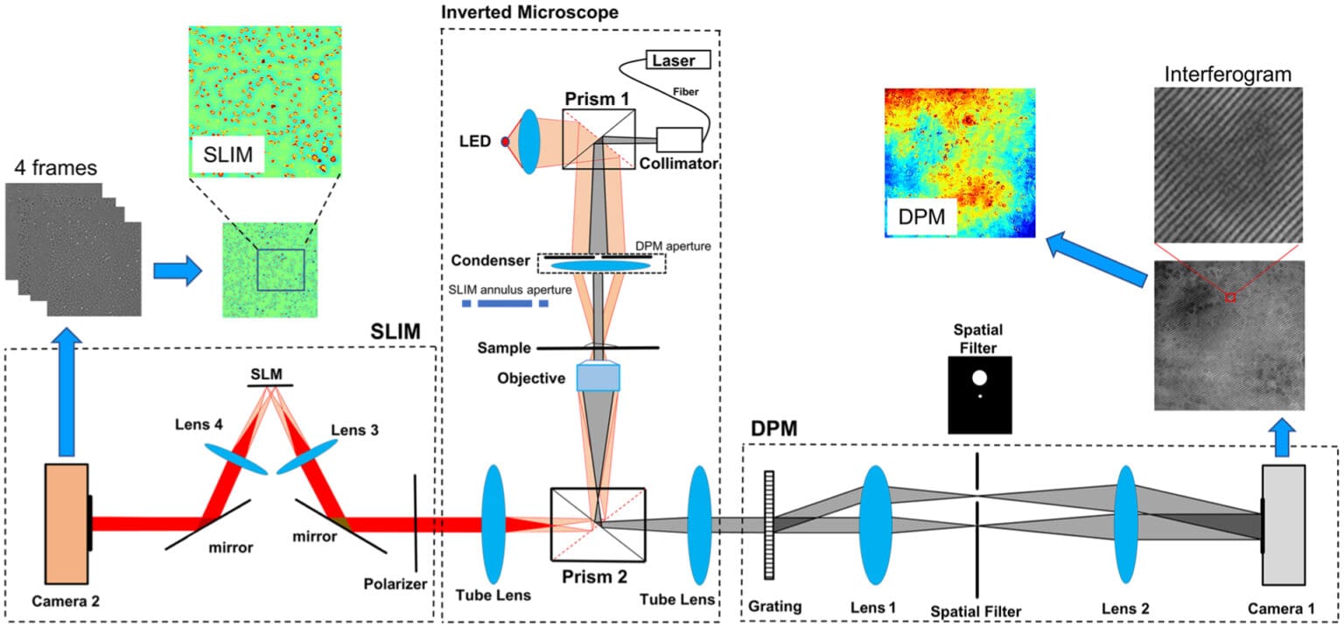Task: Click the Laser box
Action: [676, 60]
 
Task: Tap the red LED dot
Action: [505, 141]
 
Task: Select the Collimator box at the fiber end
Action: [680, 140]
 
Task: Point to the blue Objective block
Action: [598, 378]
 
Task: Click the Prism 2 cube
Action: [598, 524]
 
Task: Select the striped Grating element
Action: [769, 525]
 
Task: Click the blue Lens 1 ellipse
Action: [874, 525]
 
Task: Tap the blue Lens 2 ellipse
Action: [1125, 525]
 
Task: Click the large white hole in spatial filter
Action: [979, 378]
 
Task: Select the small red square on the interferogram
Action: [1229, 298]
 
